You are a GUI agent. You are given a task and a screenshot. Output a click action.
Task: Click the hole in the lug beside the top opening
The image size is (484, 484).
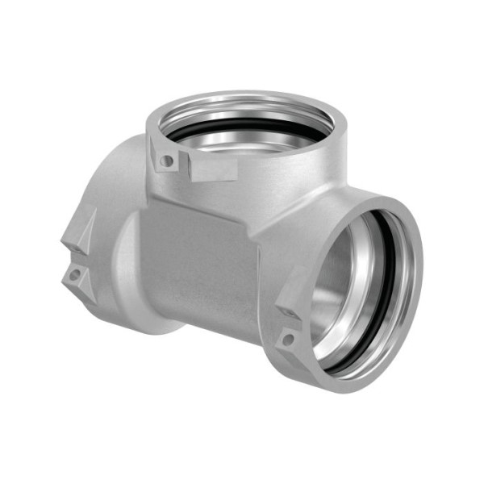coord(167,161)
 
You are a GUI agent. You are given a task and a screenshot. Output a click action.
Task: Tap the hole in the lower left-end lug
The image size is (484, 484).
coord(74,275)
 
